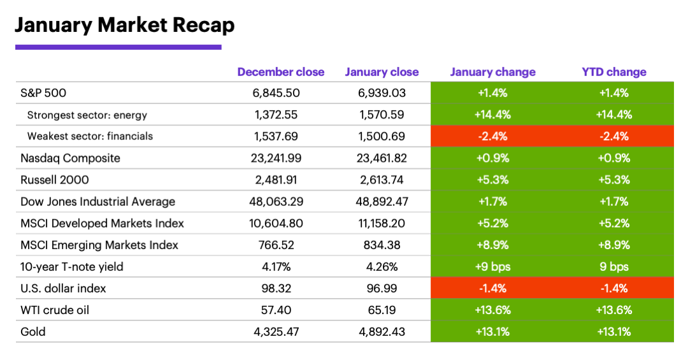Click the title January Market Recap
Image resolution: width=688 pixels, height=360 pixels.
tap(124, 25)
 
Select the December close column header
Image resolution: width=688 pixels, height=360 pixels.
tap(280, 72)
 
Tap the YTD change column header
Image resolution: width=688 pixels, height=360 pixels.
tap(613, 72)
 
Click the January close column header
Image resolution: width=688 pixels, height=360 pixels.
tap(382, 72)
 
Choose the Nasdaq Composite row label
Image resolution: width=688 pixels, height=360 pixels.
tap(71, 158)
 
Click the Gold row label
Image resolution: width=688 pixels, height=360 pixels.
tap(33, 331)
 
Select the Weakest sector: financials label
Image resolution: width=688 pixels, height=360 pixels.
tap(90, 136)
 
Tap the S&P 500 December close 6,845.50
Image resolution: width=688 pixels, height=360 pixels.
tap(276, 93)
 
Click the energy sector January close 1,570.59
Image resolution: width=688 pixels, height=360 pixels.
tap(382, 115)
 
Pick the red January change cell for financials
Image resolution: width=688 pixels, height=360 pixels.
tap(492, 136)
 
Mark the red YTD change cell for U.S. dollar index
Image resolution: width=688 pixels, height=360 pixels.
tap(613, 288)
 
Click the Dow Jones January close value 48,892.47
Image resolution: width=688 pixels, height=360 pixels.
tap(382, 201)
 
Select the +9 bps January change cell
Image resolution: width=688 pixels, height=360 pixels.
tap(492, 266)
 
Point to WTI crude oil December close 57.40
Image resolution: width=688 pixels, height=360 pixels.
tap(276, 310)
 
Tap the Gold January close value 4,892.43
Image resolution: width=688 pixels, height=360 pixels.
tap(382, 331)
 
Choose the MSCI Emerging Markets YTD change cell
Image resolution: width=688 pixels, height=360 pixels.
tap(613, 245)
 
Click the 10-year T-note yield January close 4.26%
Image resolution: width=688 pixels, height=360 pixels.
tap(382, 266)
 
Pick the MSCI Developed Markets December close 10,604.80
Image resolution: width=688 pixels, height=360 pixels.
tap(276, 223)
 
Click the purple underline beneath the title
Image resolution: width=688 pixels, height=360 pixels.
tap(118, 47)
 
